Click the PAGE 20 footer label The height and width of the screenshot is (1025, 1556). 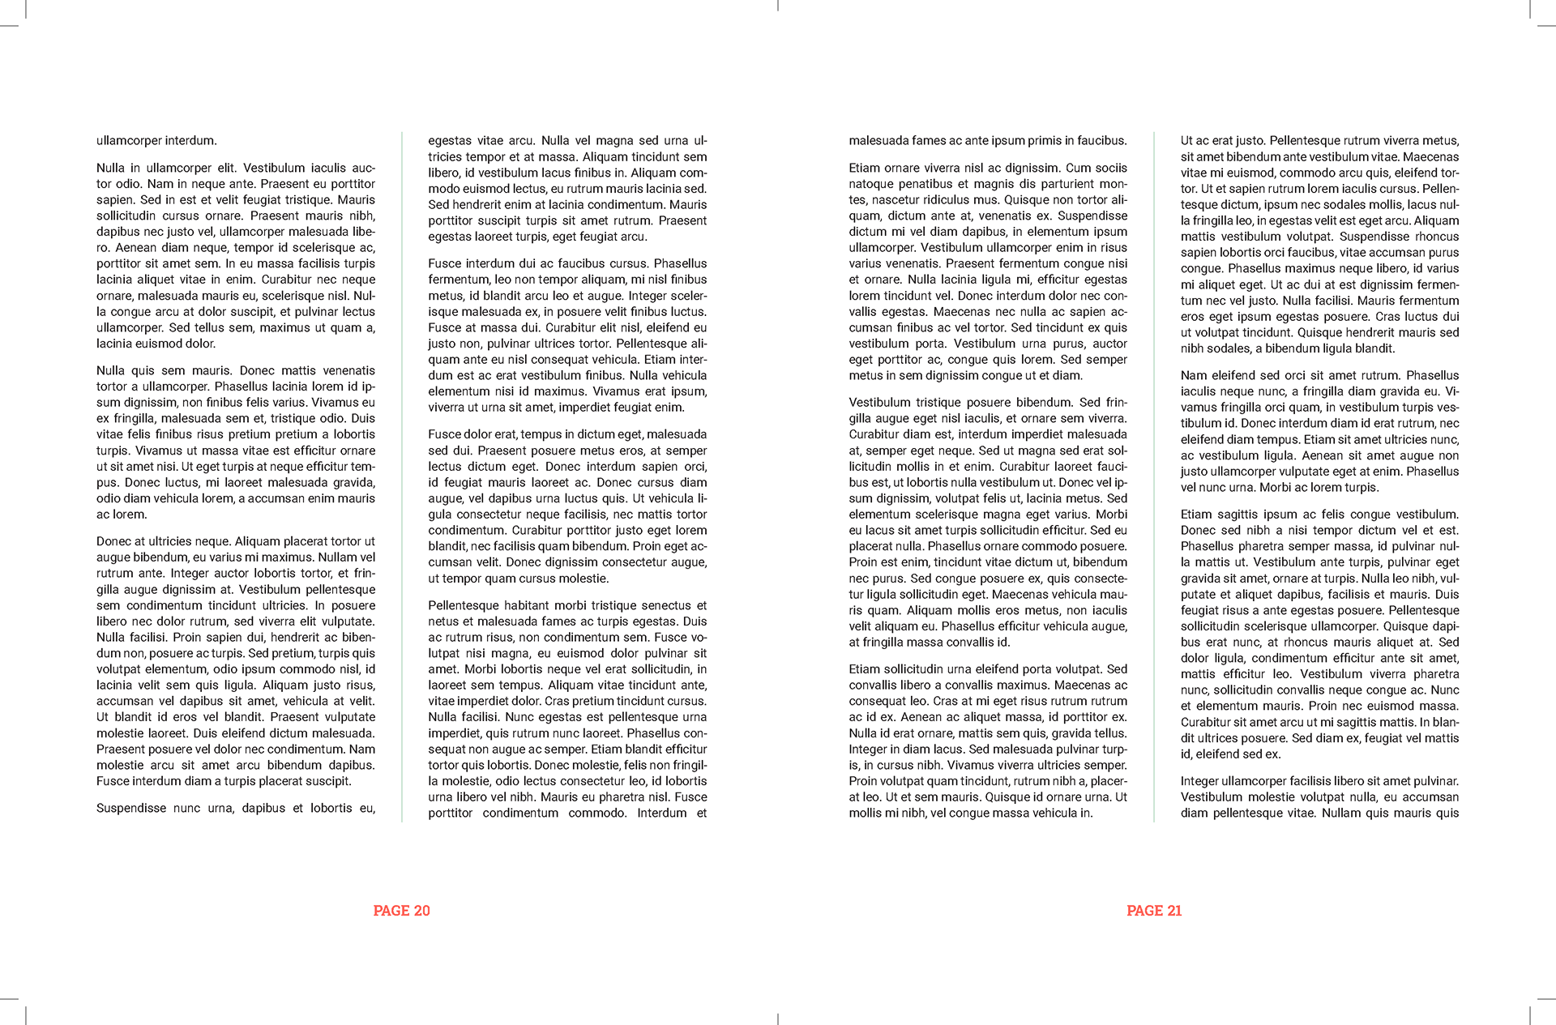(401, 911)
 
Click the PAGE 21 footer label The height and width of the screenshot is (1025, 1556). (1154, 911)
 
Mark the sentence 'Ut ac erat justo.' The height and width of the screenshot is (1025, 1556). (1223, 140)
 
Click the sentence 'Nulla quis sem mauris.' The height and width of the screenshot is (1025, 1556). (165, 370)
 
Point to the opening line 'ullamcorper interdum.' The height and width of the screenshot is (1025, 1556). (156, 140)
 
